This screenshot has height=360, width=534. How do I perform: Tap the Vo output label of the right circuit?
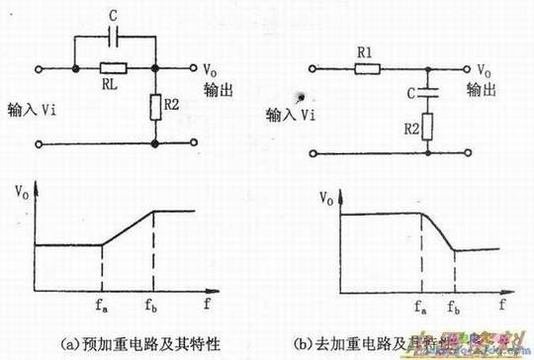tap(483, 70)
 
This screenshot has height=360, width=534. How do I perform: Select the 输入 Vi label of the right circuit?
tap(293, 115)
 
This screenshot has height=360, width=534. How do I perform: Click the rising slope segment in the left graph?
tap(129, 227)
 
